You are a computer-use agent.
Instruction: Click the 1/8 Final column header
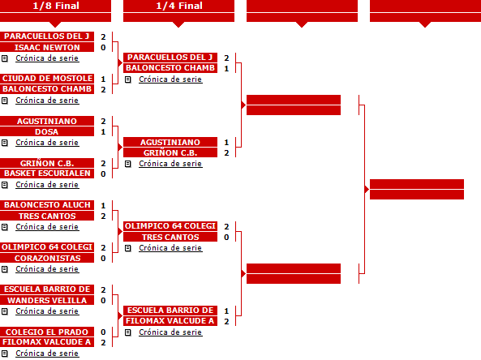tap(55, 6)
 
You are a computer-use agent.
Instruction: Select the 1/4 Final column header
tap(178, 6)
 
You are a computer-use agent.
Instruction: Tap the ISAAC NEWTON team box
tap(47, 47)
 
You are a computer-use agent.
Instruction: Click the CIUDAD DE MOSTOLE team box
tap(47, 79)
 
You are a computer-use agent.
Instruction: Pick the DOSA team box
tap(47, 131)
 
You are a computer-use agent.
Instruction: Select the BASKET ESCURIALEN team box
tap(47, 174)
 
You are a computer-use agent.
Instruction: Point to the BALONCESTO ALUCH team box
tap(47, 205)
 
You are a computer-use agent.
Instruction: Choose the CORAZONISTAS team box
tap(47, 258)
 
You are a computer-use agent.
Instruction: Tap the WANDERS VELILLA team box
tap(47, 300)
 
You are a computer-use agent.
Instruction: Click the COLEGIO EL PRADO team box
tap(47, 332)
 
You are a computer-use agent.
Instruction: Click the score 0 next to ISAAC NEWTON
tap(103, 48)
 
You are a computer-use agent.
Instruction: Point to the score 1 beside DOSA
tap(103, 132)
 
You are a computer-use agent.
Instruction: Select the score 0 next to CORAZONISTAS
tap(103, 259)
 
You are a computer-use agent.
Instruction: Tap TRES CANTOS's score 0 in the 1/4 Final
tap(226, 238)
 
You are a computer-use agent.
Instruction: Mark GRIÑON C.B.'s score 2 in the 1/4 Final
tap(226, 153)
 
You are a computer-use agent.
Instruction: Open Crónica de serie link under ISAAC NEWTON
tap(47, 58)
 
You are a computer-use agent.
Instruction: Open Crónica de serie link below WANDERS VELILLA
tap(47, 311)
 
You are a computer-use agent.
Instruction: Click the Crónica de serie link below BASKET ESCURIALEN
tap(47, 185)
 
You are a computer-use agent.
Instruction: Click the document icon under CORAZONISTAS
tap(5, 269)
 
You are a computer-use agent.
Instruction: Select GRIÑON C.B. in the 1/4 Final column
tap(170, 152)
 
